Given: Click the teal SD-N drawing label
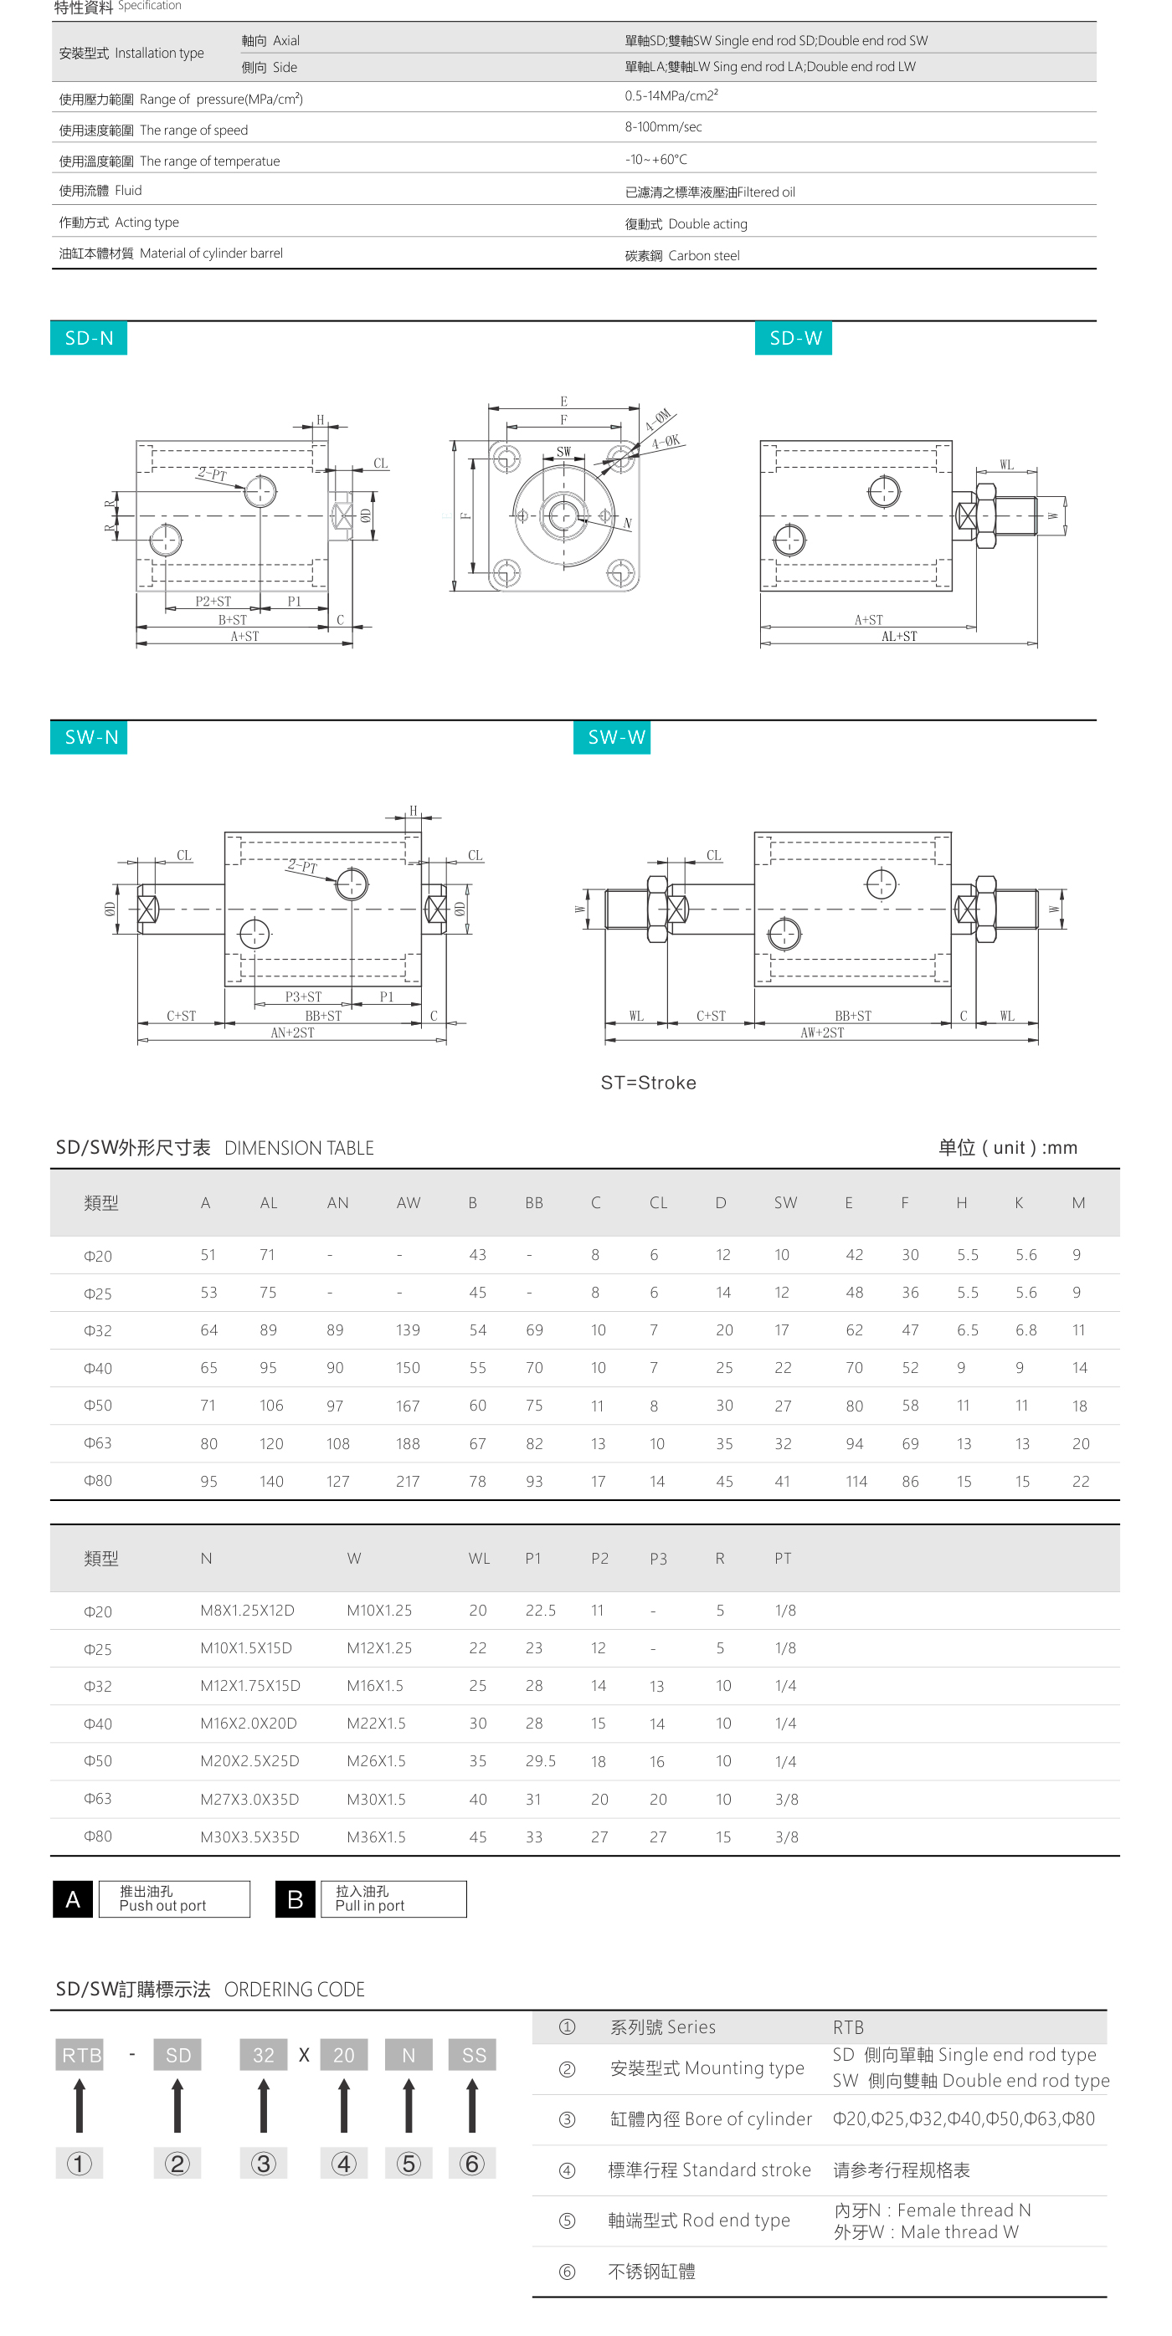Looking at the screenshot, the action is click(x=88, y=338).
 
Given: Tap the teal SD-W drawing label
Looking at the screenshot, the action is click(x=794, y=338).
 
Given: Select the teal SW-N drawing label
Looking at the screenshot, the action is click(x=89, y=737).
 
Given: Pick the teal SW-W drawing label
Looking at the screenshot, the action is click(x=612, y=737).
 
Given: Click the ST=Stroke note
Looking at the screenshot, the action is click(x=649, y=1082).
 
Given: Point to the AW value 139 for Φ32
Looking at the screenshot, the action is click(x=408, y=1329).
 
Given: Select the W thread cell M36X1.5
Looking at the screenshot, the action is click(x=377, y=1837).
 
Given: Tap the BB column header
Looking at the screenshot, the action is click(x=534, y=1202).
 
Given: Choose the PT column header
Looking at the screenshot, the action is click(x=783, y=1558).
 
